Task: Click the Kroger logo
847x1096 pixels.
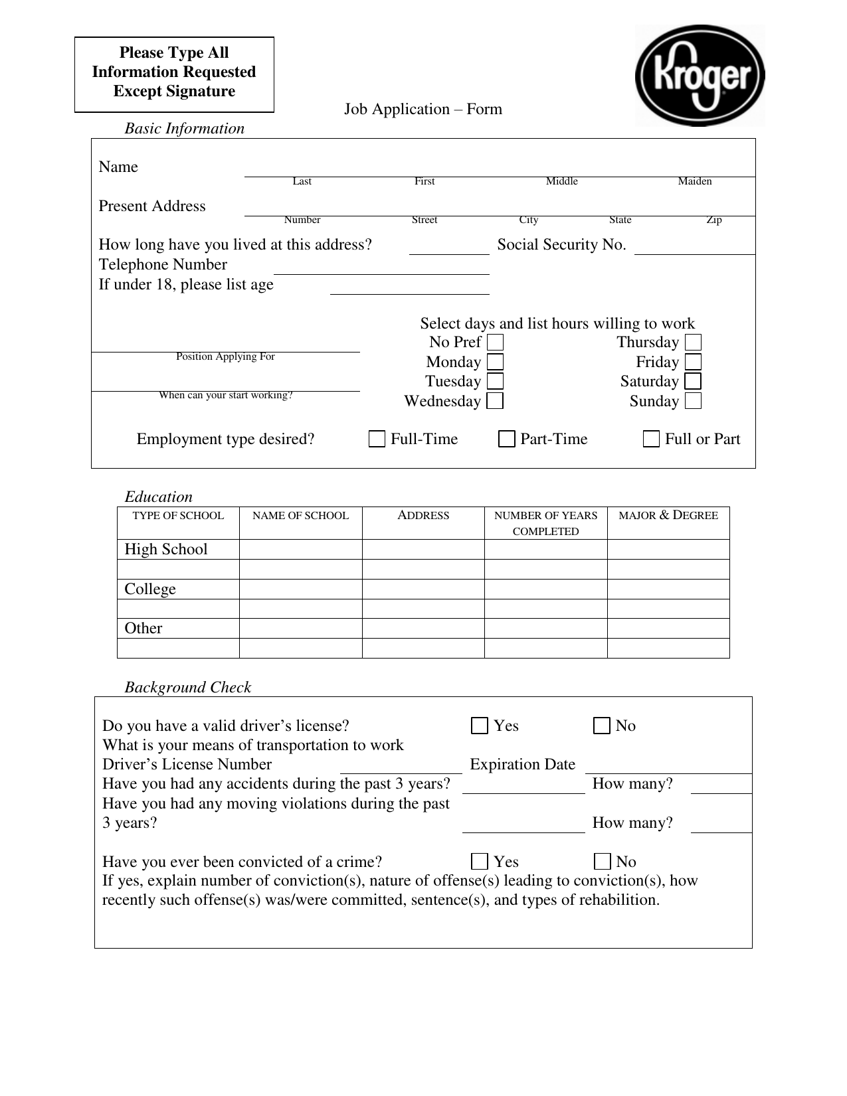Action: click(700, 76)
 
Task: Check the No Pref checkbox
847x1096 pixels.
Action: click(495, 343)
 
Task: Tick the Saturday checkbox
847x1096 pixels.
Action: click(693, 382)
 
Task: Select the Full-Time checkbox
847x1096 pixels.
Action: click(377, 439)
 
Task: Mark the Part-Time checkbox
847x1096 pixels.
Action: click(506, 439)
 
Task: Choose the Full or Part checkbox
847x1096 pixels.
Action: click(651, 439)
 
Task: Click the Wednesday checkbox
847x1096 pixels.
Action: click(495, 402)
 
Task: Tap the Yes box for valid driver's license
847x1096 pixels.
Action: click(479, 726)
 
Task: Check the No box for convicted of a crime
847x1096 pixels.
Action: click(602, 862)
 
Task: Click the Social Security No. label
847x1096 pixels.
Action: click(561, 245)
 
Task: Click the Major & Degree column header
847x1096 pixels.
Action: click(668, 516)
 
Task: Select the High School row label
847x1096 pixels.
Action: click(166, 550)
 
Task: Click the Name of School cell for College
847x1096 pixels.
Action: click(300, 589)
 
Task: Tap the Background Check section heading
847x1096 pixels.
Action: click(188, 688)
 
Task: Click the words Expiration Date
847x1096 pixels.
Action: click(522, 765)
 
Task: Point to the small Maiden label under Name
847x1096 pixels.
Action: click(694, 181)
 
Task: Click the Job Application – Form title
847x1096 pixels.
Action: click(423, 110)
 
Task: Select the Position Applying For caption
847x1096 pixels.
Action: click(225, 356)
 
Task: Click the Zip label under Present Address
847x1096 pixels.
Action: click(713, 220)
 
